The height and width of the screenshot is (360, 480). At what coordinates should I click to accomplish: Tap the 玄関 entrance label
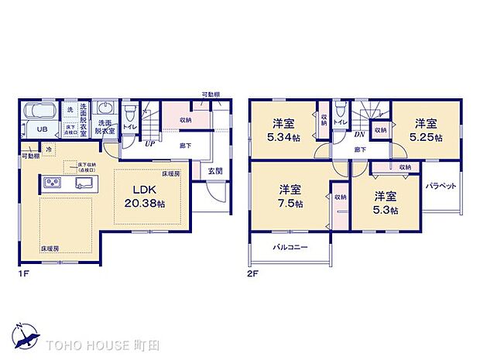click(x=214, y=171)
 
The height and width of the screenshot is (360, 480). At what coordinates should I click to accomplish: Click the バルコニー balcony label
click(x=290, y=248)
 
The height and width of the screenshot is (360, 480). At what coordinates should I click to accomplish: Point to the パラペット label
click(x=441, y=186)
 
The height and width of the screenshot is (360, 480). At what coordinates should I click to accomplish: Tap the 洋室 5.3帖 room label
click(x=383, y=203)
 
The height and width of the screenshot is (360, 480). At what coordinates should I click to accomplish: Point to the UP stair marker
click(x=146, y=142)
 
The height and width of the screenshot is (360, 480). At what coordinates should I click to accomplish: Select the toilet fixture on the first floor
click(x=131, y=111)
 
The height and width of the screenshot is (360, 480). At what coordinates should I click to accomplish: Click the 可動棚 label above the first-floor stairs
click(x=209, y=94)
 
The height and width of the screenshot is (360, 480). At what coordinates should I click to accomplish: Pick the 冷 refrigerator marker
click(x=48, y=149)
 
